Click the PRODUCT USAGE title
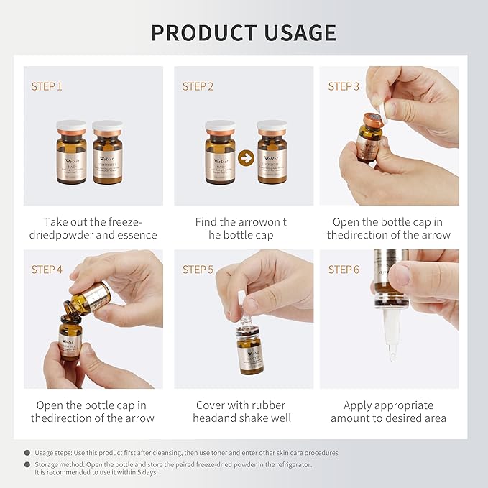click(244, 32)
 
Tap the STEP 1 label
click(47, 86)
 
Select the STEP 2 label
click(198, 86)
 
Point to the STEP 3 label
click(344, 86)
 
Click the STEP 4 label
click(47, 270)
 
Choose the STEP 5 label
click(198, 270)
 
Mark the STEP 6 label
click(344, 270)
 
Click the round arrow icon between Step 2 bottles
click(246, 157)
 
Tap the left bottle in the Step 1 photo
click(71, 152)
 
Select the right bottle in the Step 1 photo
click(107, 152)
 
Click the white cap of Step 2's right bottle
click(272, 126)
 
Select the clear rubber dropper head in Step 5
click(242, 304)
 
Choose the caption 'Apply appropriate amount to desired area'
click(388, 411)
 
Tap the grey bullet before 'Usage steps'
click(27, 453)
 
